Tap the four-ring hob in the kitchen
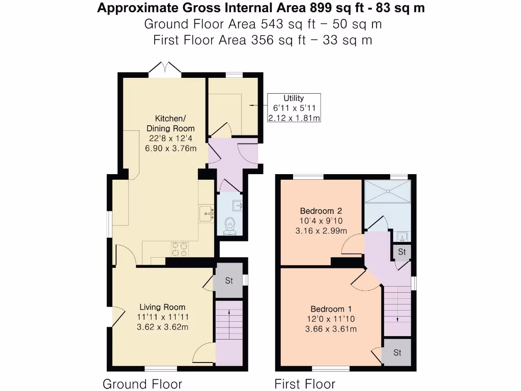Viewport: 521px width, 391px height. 179,249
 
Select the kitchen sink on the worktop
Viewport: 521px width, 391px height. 207,212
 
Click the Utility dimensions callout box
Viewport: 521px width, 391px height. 294,108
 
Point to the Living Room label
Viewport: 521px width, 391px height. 163,307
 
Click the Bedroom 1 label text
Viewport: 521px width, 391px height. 331,309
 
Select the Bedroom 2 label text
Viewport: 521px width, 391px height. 321,211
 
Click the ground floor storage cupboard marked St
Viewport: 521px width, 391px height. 228,281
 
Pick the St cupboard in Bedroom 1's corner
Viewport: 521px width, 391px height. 397,352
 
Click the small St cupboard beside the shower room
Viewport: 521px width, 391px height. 402,252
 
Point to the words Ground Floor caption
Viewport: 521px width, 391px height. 142,383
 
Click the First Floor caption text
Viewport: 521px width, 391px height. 305,383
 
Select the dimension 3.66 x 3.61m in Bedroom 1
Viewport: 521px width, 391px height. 331,329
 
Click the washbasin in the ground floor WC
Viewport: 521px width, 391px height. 237,206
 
